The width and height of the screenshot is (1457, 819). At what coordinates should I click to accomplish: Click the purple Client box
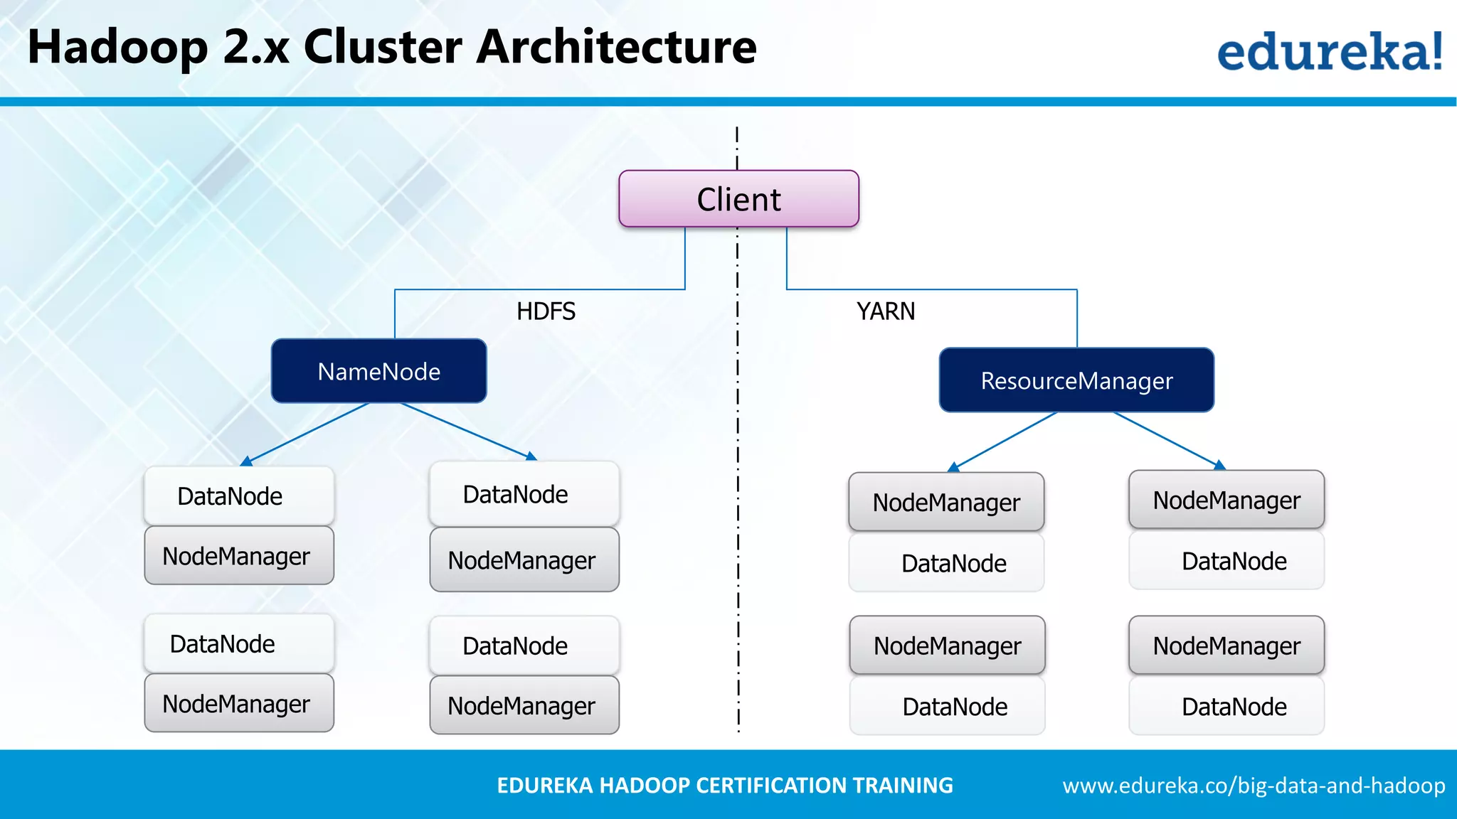point(738,199)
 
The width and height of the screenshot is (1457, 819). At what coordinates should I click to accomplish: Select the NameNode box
point(378,371)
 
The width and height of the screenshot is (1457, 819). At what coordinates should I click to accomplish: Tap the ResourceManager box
point(1076,380)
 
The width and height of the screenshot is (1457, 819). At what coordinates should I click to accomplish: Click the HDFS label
point(546,311)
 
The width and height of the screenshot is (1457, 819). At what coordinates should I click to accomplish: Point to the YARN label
point(886,311)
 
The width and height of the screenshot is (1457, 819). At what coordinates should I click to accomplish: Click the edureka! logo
point(1329,51)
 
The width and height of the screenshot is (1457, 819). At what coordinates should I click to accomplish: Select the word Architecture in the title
point(616,47)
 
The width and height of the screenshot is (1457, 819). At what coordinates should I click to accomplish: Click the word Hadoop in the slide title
point(117,47)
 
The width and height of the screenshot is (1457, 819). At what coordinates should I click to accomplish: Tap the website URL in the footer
point(1254,786)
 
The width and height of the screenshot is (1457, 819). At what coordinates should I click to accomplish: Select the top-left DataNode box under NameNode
point(238,496)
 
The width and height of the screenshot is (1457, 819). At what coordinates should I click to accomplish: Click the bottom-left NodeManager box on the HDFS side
point(238,704)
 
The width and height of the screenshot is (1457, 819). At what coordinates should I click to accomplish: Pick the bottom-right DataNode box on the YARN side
point(1226,707)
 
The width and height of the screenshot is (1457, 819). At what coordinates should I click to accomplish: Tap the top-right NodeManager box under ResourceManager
point(1226,500)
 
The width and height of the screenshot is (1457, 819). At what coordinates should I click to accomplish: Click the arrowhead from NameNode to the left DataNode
point(246,462)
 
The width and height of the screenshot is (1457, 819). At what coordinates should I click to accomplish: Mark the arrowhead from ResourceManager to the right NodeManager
point(1219,465)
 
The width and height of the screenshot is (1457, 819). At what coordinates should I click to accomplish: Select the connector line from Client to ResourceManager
point(932,289)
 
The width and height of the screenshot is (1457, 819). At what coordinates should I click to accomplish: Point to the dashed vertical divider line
point(738,498)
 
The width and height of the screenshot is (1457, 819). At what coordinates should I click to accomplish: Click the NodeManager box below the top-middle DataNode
point(524,560)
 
